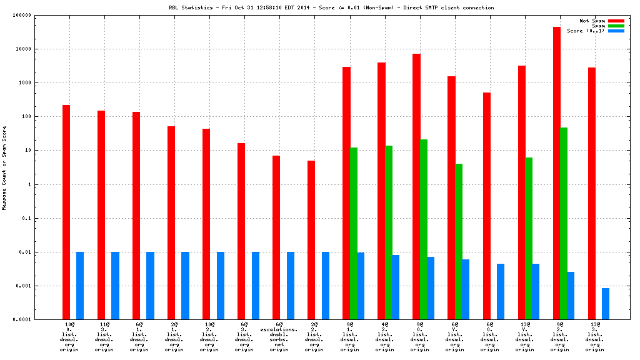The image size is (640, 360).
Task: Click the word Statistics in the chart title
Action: (x=196, y=7)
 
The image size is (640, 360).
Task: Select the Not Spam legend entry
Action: (x=592, y=21)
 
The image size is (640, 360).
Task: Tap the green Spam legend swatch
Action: (x=616, y=26)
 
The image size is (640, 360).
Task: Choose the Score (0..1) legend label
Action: (x=586, y=31)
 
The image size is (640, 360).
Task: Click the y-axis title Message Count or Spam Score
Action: (x=4, y=167)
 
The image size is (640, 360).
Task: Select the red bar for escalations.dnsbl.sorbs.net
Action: (x=276, y=237)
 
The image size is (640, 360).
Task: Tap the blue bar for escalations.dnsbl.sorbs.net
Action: (x=291, y=286)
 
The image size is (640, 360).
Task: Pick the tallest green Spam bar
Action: (x=564, y=223)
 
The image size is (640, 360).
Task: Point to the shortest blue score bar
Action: (x=606, y=304)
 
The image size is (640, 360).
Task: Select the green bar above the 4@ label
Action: (x=389, y=232)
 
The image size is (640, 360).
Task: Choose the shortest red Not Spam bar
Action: (x=311, y=240)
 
